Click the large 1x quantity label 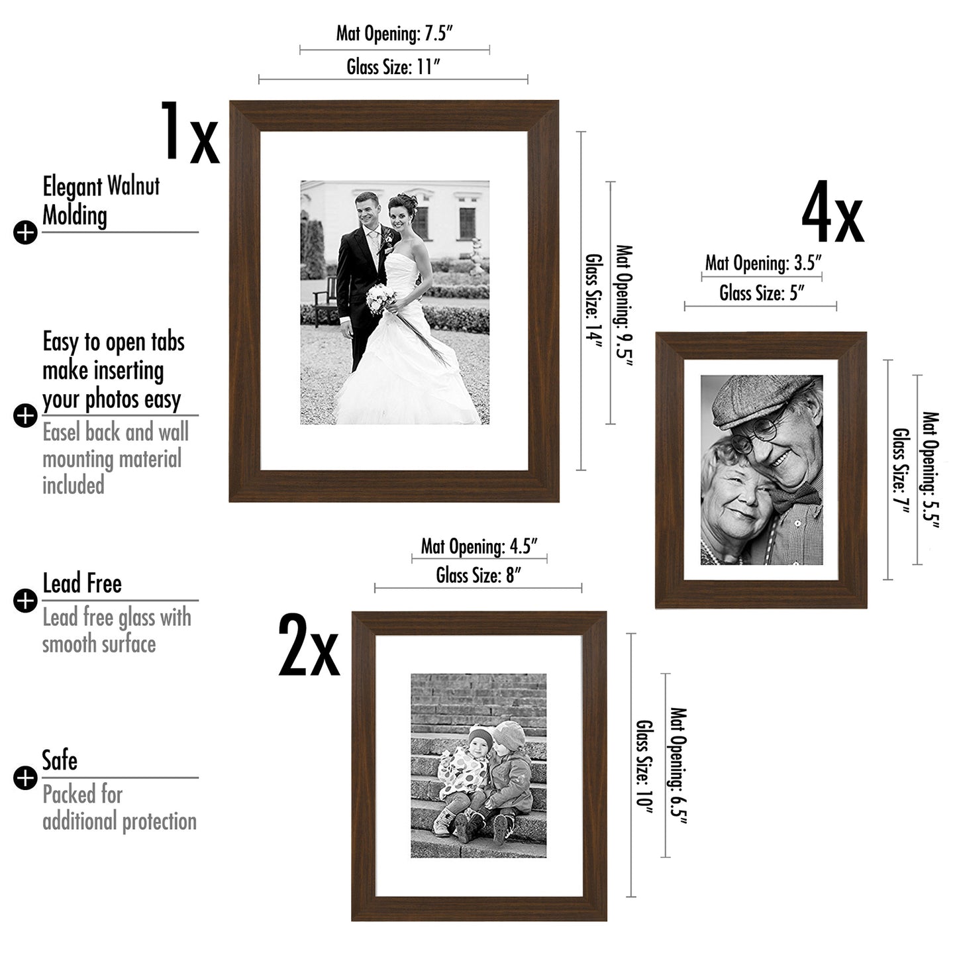[x=189, y=132]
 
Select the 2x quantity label [x=309, y=646]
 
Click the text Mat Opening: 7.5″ [x=394, y=33]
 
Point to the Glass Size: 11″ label [x=393, y=66]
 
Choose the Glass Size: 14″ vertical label [x=594, y=297]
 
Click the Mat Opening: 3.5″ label [x=763, y=263]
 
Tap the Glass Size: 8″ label [x=478, y=576]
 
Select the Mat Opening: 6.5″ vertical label [x=679, y=766]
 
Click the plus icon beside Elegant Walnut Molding [x=25, y=232]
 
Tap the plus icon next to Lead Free [x=25, y=601]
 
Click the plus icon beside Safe [x=25, y=778]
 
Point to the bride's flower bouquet [x=381, y=298]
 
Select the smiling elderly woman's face [x=735, y=493]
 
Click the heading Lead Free [x=82, y=583]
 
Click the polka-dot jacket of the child [x=462, y=772]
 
